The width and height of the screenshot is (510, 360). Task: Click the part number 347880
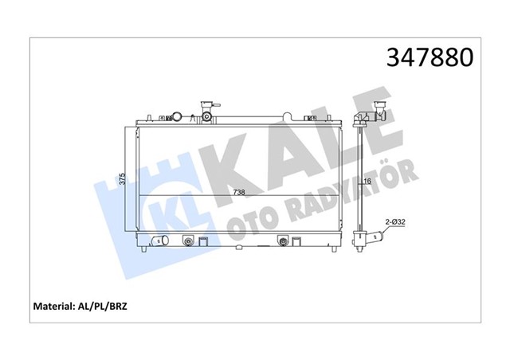430,58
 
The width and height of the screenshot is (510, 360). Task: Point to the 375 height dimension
122,180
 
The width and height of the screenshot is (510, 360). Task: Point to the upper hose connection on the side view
375,116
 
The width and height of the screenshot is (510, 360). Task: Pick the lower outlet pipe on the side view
373,237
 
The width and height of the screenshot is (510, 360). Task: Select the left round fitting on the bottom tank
188,241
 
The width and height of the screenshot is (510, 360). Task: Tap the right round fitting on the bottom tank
283,241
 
